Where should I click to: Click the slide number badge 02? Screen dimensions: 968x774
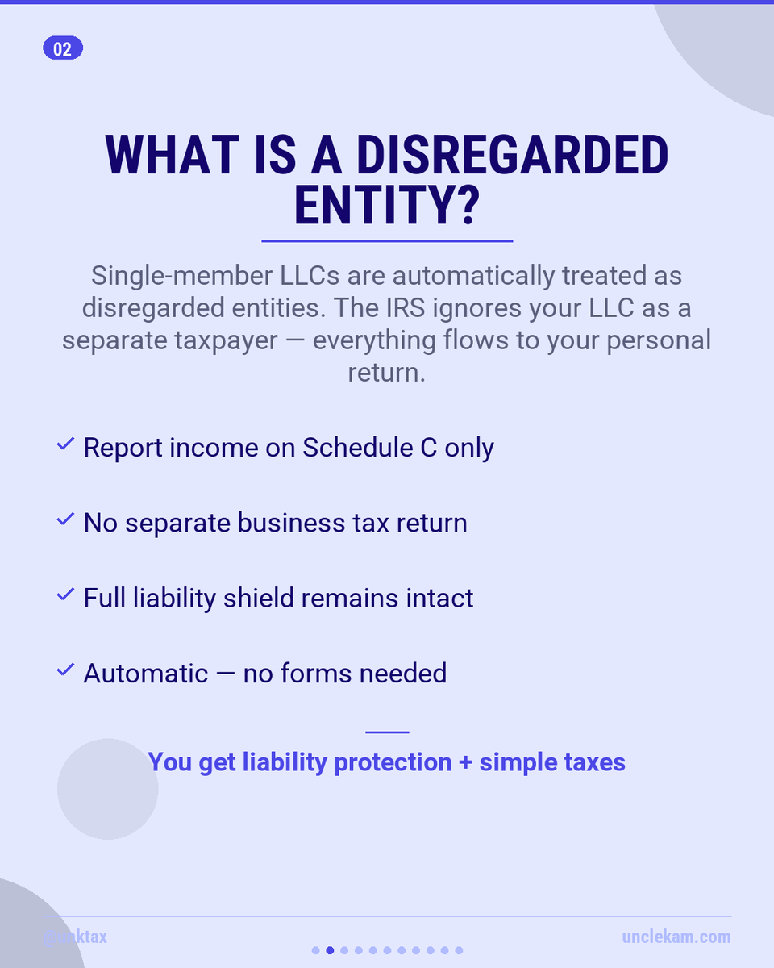point(63,49)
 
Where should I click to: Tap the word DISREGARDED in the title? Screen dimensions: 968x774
point(512,156)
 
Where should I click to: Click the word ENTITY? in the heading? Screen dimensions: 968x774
point(387,205)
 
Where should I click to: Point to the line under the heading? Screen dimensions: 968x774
point(387,240)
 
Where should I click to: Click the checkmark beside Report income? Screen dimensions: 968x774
point(65,445)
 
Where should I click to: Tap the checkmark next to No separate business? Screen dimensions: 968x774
point(65,520)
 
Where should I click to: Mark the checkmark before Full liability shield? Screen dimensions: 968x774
point(65,595)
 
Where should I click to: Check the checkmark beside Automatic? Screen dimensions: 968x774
point(65,670)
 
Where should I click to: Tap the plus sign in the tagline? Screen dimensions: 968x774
point(465,762)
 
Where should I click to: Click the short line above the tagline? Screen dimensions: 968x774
point(387,732)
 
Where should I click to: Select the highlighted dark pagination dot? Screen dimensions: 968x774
point(330,950)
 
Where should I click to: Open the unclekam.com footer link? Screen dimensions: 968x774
point(676,937)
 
